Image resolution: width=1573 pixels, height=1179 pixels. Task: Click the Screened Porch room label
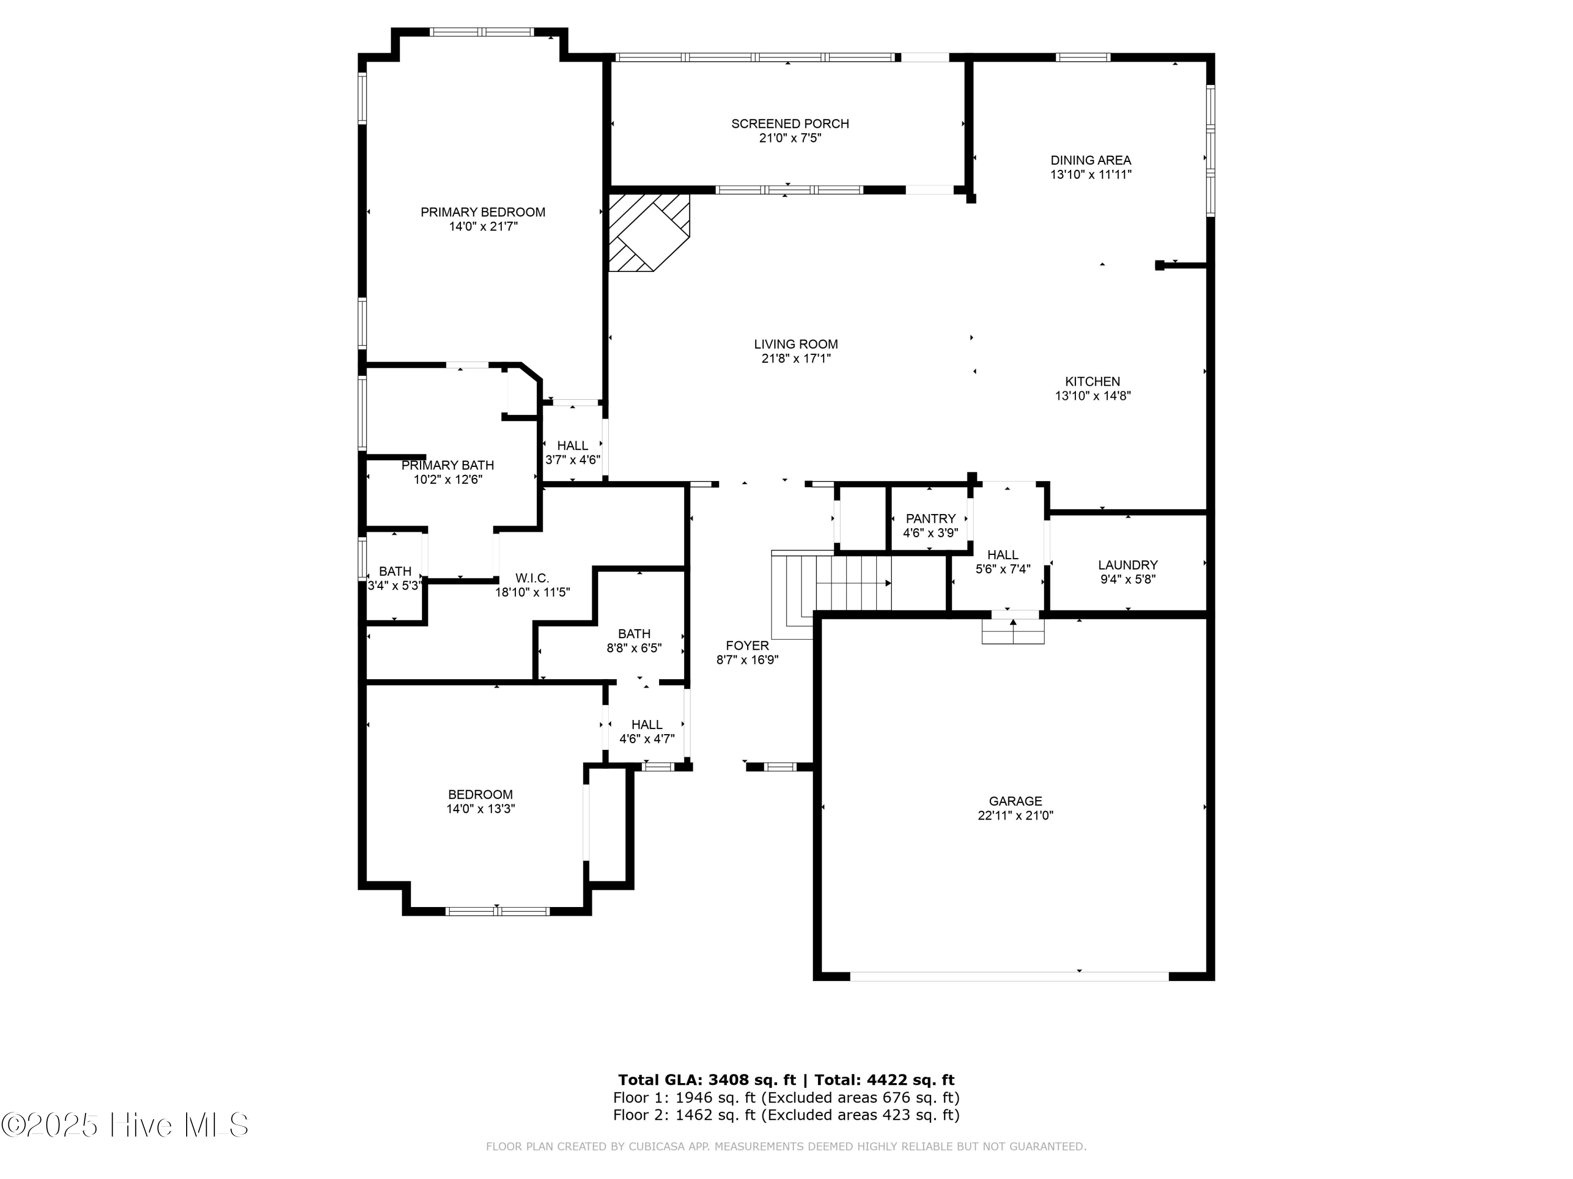[x=790, y=124]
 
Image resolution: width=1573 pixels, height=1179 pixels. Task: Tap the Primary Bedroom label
[x=483, y=212]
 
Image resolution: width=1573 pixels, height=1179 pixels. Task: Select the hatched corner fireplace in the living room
[x=649, y=232]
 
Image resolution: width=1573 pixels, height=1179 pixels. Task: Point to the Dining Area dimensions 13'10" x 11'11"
[x=1091, y=174]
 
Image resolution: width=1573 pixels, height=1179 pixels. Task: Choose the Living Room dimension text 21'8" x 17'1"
[x=796, y=359]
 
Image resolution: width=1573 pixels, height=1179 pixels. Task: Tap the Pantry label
[x=931, y=519]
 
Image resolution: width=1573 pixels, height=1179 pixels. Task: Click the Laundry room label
[x=1128, y=565]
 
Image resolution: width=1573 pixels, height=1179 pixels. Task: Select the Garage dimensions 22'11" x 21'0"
[x=1016, y=815]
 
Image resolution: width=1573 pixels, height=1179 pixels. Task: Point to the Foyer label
[x=747, y=645]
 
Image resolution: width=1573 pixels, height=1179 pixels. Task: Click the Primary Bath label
[x=448, y=465]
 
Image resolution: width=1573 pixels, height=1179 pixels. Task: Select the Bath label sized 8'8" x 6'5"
[x=634, y=634]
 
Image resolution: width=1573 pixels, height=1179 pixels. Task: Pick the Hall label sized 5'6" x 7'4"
[x=1003, y=554]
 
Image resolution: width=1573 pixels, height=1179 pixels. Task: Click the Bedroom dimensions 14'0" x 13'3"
[x=481, y=809]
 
